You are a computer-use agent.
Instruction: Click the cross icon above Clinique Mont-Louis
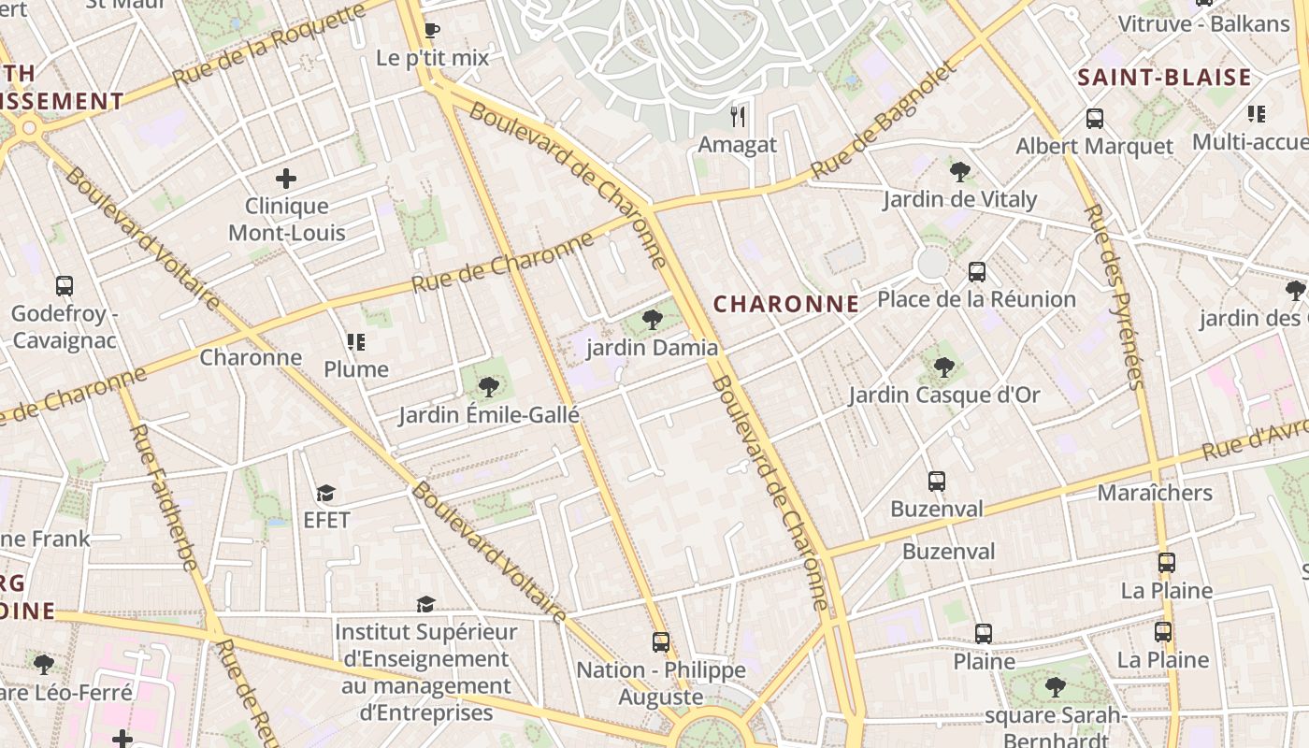pyautogui.click(x=286, y=178)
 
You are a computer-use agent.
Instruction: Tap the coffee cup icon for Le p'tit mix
pyautogui.click(x=431, y=30)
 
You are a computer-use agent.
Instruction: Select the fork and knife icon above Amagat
pyautogui.click(x=738, y=116)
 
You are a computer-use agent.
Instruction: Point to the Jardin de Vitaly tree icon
pyautogui.click(x=959, y=171)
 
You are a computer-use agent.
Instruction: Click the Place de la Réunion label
pyautogui.click(x=976, y=299)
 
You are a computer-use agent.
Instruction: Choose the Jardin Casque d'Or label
pyautogui.click(x=943, y=395)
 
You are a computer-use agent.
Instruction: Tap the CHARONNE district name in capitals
pyautogui.click(x=785, y=304)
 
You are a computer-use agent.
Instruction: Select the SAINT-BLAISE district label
pyautogui.click(x=1164, y=78)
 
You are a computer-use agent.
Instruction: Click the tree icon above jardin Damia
pyautogui.click(x=653, y=320)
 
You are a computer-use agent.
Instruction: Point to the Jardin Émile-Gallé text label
pyautogui.click(x=489, y=415)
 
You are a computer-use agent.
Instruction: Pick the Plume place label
pyautogui.click(x=356, y=369)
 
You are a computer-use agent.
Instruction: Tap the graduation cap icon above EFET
pyautogui.click(x=325, y=493)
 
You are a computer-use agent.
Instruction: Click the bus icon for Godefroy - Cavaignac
pyautogui.click(x=65, y=286)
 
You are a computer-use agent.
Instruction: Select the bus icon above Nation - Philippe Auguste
pyautogui.click(x=661, y=642)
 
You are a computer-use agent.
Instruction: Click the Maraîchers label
pyautogui.click(x=1155, y=493)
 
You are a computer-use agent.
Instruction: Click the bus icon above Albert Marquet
pyautogui.click(x=1094, y=119)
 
